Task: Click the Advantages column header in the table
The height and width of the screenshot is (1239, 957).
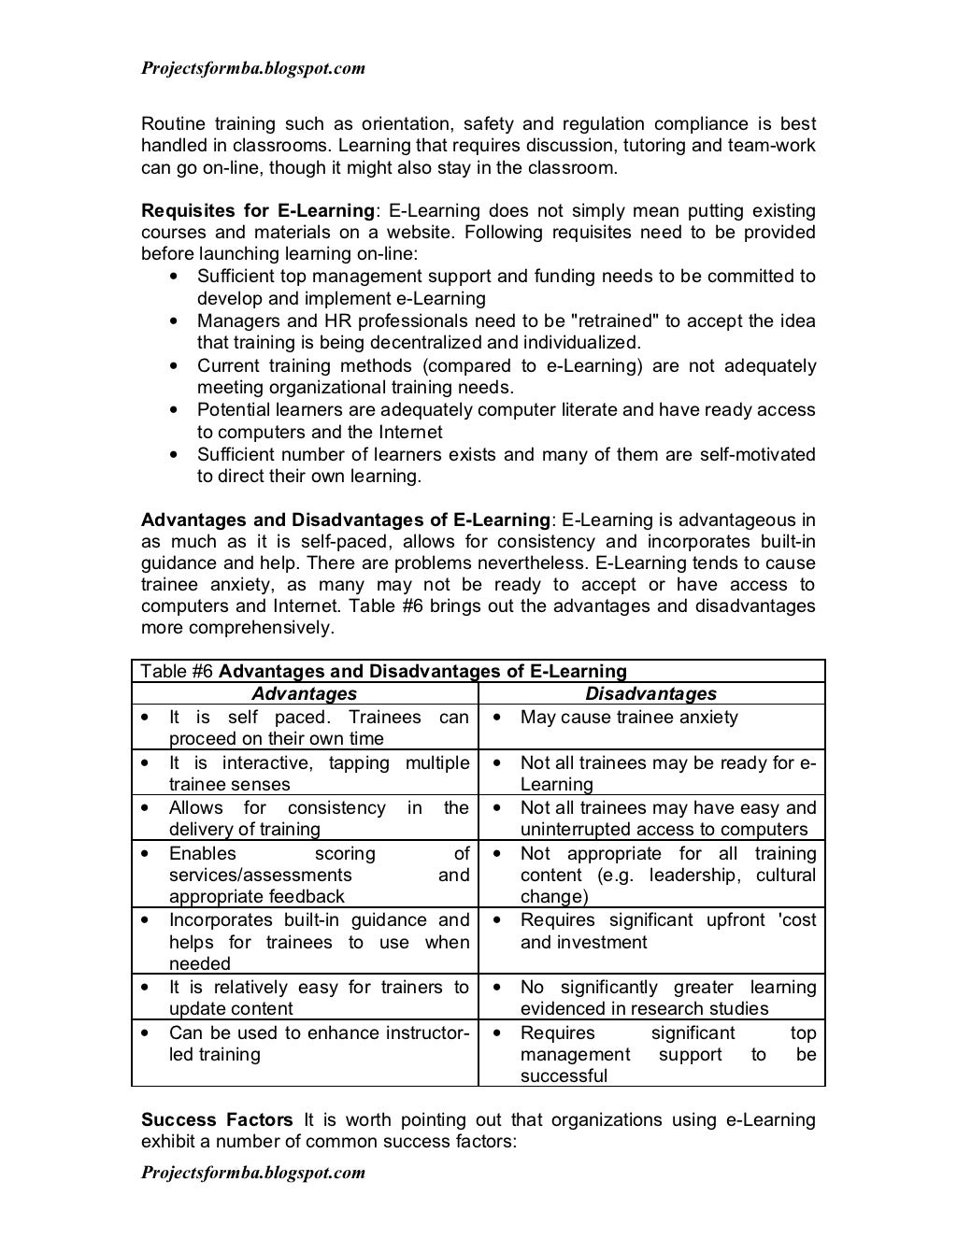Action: coord(304,693)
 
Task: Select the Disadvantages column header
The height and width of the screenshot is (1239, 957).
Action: coord(650,693)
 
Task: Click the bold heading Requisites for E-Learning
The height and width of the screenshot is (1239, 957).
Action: coord(257,210)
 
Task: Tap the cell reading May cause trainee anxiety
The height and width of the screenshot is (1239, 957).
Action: coord(628,717)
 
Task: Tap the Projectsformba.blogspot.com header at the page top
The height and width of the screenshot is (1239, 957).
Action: coord(252,68)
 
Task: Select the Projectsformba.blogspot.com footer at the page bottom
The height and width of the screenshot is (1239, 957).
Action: coord(252,1172)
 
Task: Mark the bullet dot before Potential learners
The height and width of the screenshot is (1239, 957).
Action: coord(175,410)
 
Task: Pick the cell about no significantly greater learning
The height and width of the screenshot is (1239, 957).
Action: coord(667,997)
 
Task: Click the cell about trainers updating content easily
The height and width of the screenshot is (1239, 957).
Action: coord(318,997)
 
